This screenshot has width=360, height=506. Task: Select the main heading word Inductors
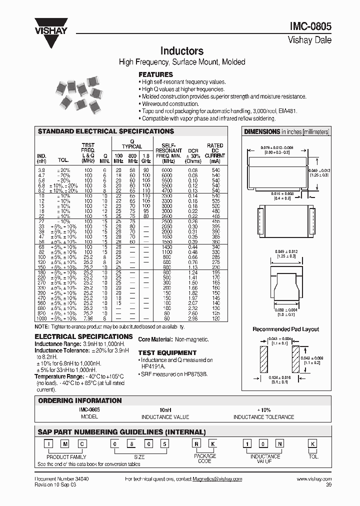point(181,51)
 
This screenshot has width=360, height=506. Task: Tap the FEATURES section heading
point(155,74)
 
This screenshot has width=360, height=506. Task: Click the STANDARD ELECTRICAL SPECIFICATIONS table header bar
point(106,131)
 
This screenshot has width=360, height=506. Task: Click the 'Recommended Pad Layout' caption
point(285,329)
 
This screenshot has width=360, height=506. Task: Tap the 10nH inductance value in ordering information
point(166,409)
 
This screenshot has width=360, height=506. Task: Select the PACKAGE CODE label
point(205,458)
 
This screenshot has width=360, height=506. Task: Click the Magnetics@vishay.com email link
point(217,478)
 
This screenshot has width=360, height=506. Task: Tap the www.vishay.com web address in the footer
point(313,478)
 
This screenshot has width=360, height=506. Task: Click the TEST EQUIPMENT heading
point(167,352)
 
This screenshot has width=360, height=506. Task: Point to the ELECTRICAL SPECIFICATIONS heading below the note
point(83,337)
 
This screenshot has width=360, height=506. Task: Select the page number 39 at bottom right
point(328,485)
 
